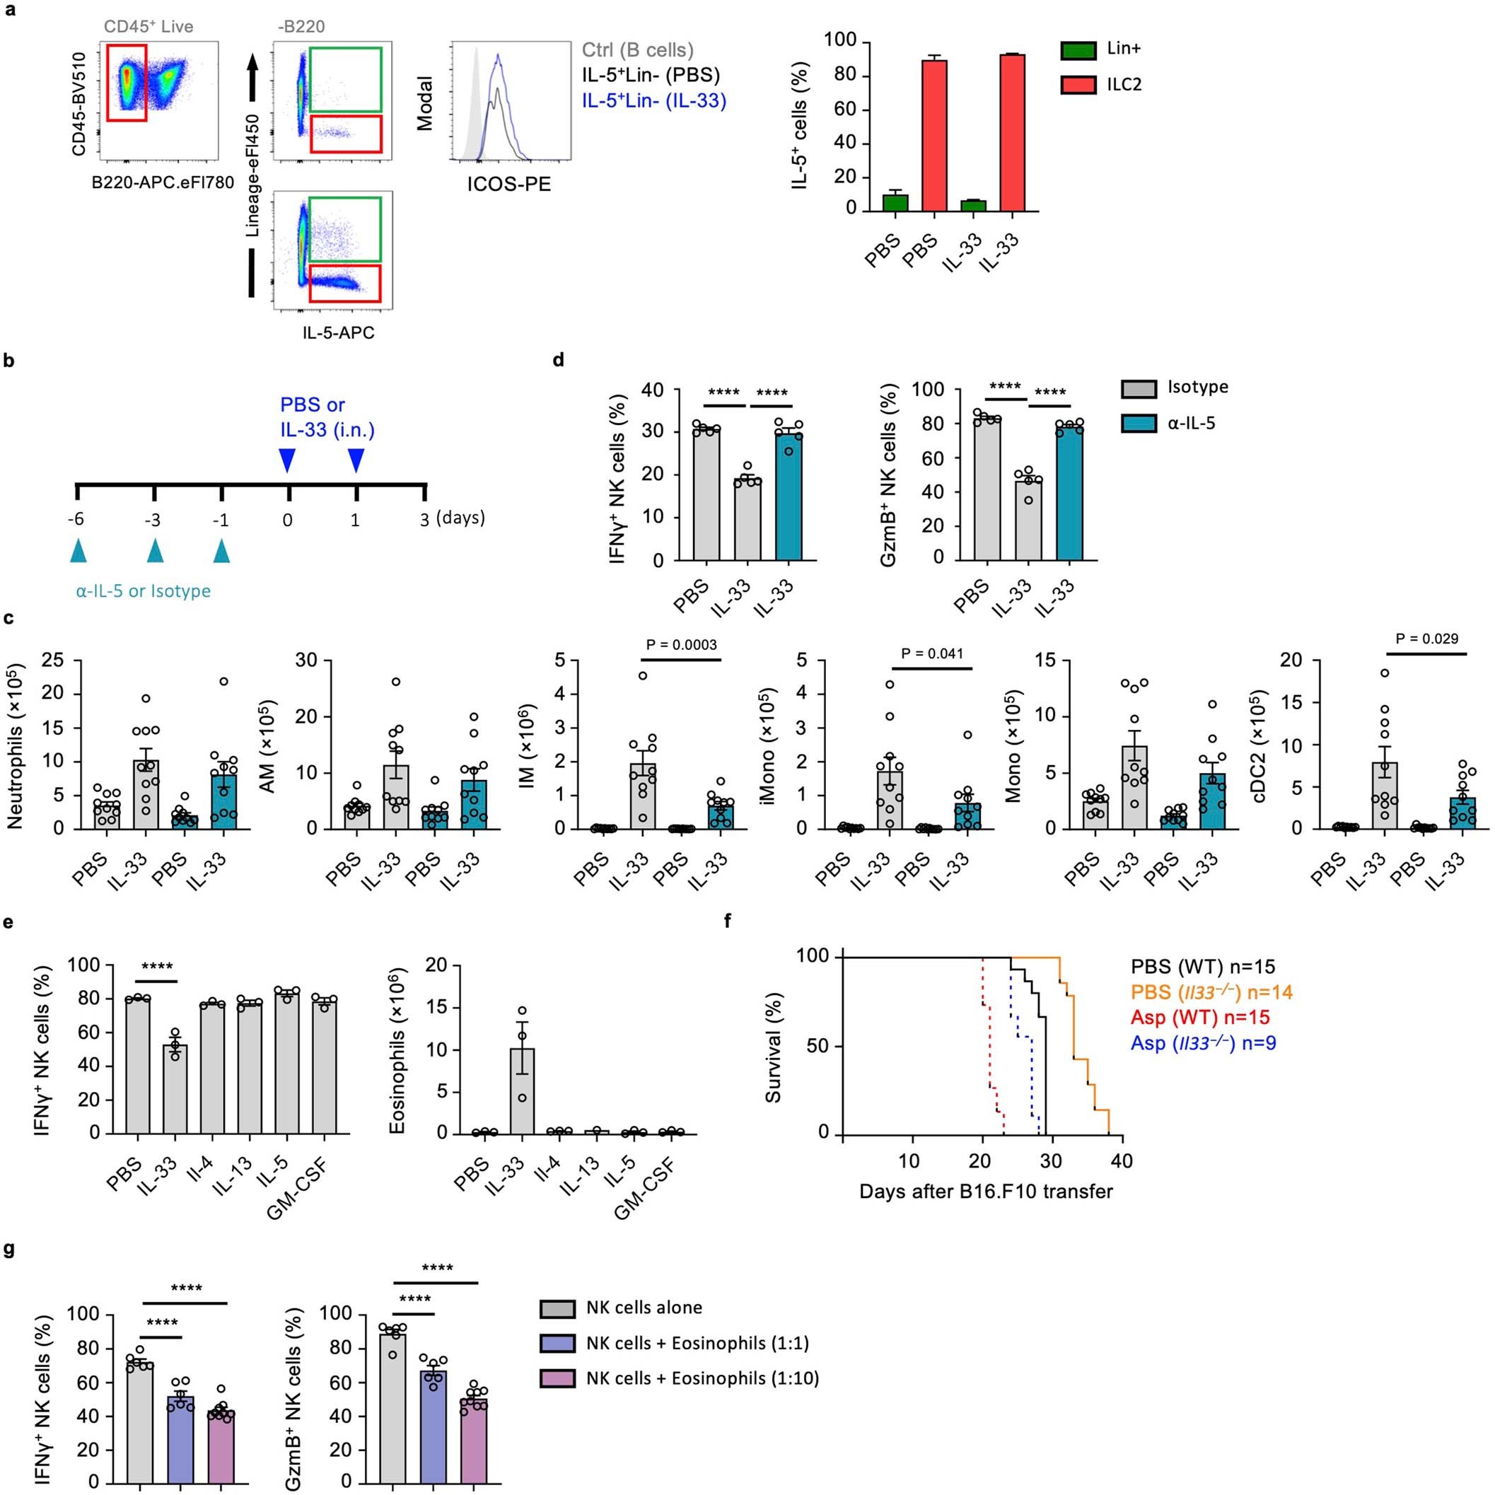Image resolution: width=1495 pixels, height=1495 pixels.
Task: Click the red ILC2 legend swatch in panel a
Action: [x=1078, y=84]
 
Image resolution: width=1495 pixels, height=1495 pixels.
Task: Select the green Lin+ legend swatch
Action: [x=1078, y=50]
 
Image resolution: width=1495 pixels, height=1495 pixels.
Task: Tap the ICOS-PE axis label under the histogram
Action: [x=508, y=184]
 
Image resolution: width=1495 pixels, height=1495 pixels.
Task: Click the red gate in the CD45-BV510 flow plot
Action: [x=126, y=82]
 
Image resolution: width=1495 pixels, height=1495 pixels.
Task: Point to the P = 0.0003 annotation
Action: [x=681, y=644]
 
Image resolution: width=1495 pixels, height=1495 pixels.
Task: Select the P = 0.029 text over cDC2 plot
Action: [x=1427, y=639]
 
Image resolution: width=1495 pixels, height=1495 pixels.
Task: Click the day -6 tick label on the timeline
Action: [x=76, y=519]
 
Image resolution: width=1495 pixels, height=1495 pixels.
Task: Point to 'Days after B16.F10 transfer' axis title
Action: [x=985, y=1191]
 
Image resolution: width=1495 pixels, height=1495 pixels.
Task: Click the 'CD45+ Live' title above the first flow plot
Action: [x=148, y=27]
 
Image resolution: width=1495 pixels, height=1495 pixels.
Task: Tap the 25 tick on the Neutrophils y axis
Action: [x=52, y=660]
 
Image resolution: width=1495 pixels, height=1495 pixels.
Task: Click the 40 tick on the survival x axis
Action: [x=1122, y=1160]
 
